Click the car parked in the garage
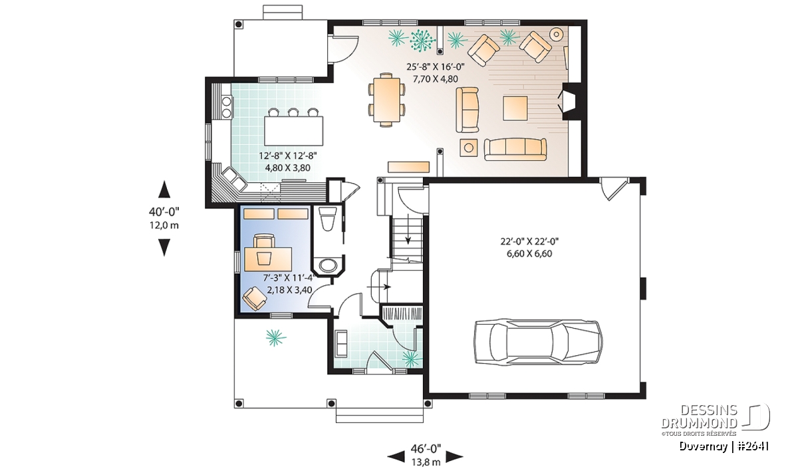tap(538, 342)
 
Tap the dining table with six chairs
tap(386, 100)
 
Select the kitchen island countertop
tap(293, 130)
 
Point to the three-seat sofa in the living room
tap(515, 149)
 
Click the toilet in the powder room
tap(327, 218)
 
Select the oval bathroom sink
tap(328, 265)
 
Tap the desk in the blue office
tap(268, 259)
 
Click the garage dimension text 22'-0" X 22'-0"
tap(529, 241)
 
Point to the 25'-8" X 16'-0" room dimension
tap(436, 67)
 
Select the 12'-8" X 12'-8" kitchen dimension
tap(288, 156)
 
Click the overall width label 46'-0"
tap(426, 448)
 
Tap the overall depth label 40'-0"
tap(164, 212)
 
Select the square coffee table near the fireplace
tap(515, 108)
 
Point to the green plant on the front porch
tap(275, 337)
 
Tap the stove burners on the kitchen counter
tap(227, 107)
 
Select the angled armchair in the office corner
tap(254, 299)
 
